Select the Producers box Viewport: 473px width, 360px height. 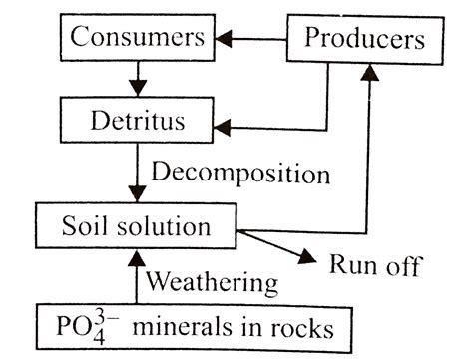(x=364, y=40)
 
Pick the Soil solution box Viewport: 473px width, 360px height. (x=139, y=226)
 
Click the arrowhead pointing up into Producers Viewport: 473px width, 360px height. (x=372, y=68)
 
